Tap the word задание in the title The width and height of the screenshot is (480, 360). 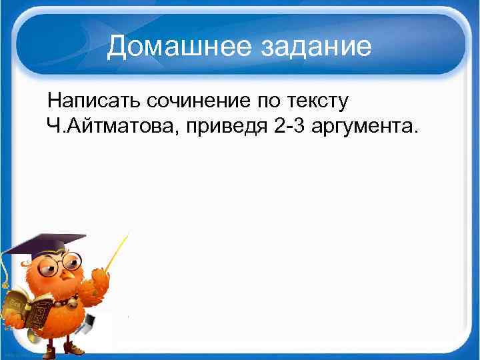315,47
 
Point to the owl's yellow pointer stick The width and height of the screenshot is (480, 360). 116,253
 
